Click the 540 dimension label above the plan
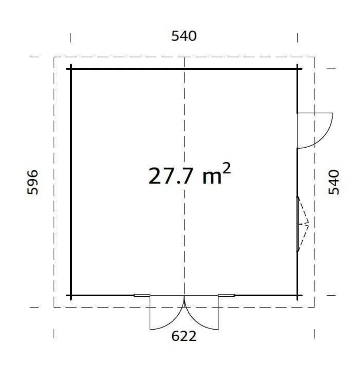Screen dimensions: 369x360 pos(184,36)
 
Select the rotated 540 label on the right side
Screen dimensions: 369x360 pos(334,182)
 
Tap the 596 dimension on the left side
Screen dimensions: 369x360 pos(32,182)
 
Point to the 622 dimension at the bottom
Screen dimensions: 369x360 pos(184,336)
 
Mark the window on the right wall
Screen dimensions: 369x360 pos(298,224)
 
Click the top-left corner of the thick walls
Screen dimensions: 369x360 pos(71,69)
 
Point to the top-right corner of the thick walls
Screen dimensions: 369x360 pos(297,69)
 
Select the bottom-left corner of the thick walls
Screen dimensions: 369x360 pos(71,295)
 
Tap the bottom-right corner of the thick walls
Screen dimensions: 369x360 pos(297,295)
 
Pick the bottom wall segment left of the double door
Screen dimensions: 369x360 pos(102,295)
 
